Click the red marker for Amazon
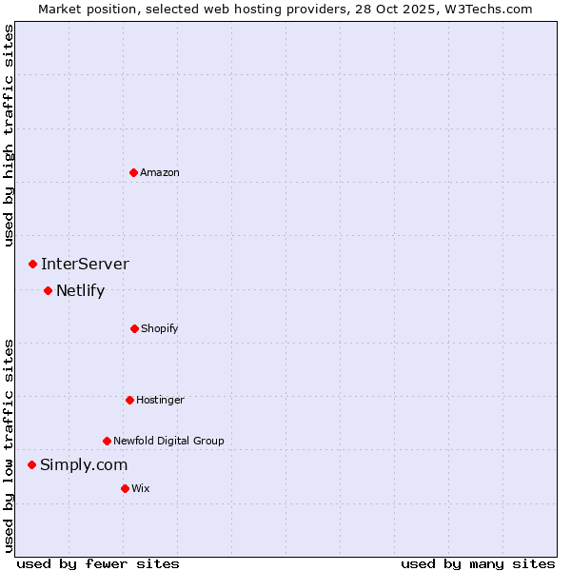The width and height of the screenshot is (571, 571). point(133,172)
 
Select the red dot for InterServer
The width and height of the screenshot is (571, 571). point(32,264)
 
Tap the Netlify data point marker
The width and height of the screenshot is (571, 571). point(48,290)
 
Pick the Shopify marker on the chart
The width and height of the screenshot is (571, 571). point(134,328)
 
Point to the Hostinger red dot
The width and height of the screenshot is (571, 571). point(129,400)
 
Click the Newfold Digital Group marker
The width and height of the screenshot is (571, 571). point(107,441)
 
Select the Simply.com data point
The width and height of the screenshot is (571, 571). point(31,464)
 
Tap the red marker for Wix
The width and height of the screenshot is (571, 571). point(125,488)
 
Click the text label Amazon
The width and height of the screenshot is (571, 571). point(160,172)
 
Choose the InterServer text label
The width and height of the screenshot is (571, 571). point(85,264)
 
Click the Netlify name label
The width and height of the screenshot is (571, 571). point(80,290)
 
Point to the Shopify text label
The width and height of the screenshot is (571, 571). point(160,328)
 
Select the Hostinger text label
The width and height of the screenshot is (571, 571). point(160,400)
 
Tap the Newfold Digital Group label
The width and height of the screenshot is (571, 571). point(168,441)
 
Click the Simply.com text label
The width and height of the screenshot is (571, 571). point(84,464)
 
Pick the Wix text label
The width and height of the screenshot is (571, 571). point(141,488)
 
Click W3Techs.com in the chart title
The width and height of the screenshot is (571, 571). point(486,9)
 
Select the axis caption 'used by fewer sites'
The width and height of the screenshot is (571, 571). point(98,563)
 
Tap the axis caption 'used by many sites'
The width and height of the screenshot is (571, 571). point(478,563)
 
